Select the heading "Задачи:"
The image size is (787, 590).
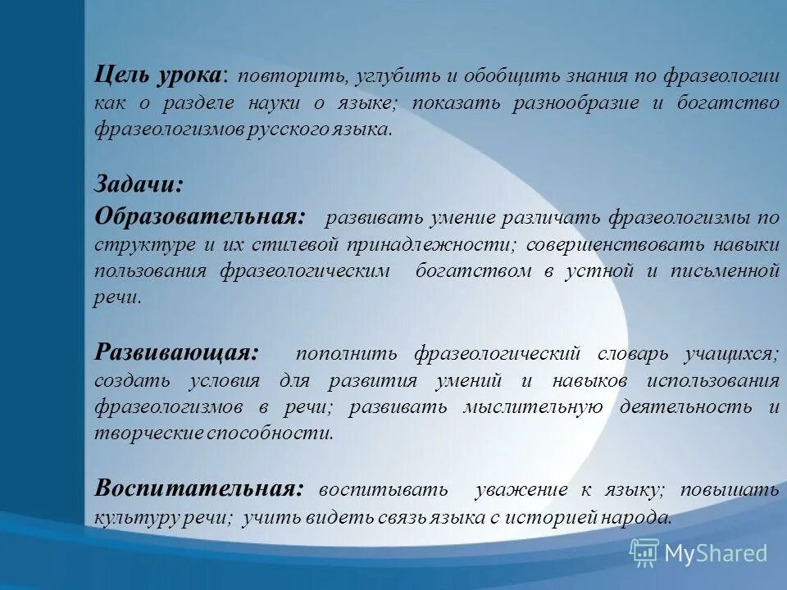(139, 184)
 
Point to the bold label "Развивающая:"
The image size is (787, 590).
(176, 352)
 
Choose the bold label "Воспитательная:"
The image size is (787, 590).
(199, 488)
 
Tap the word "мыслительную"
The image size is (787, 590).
(534, 407)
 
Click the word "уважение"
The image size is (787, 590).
(521, 490)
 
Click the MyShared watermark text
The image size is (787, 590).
(716, 553)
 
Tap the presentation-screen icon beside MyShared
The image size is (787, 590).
(644, 553)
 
